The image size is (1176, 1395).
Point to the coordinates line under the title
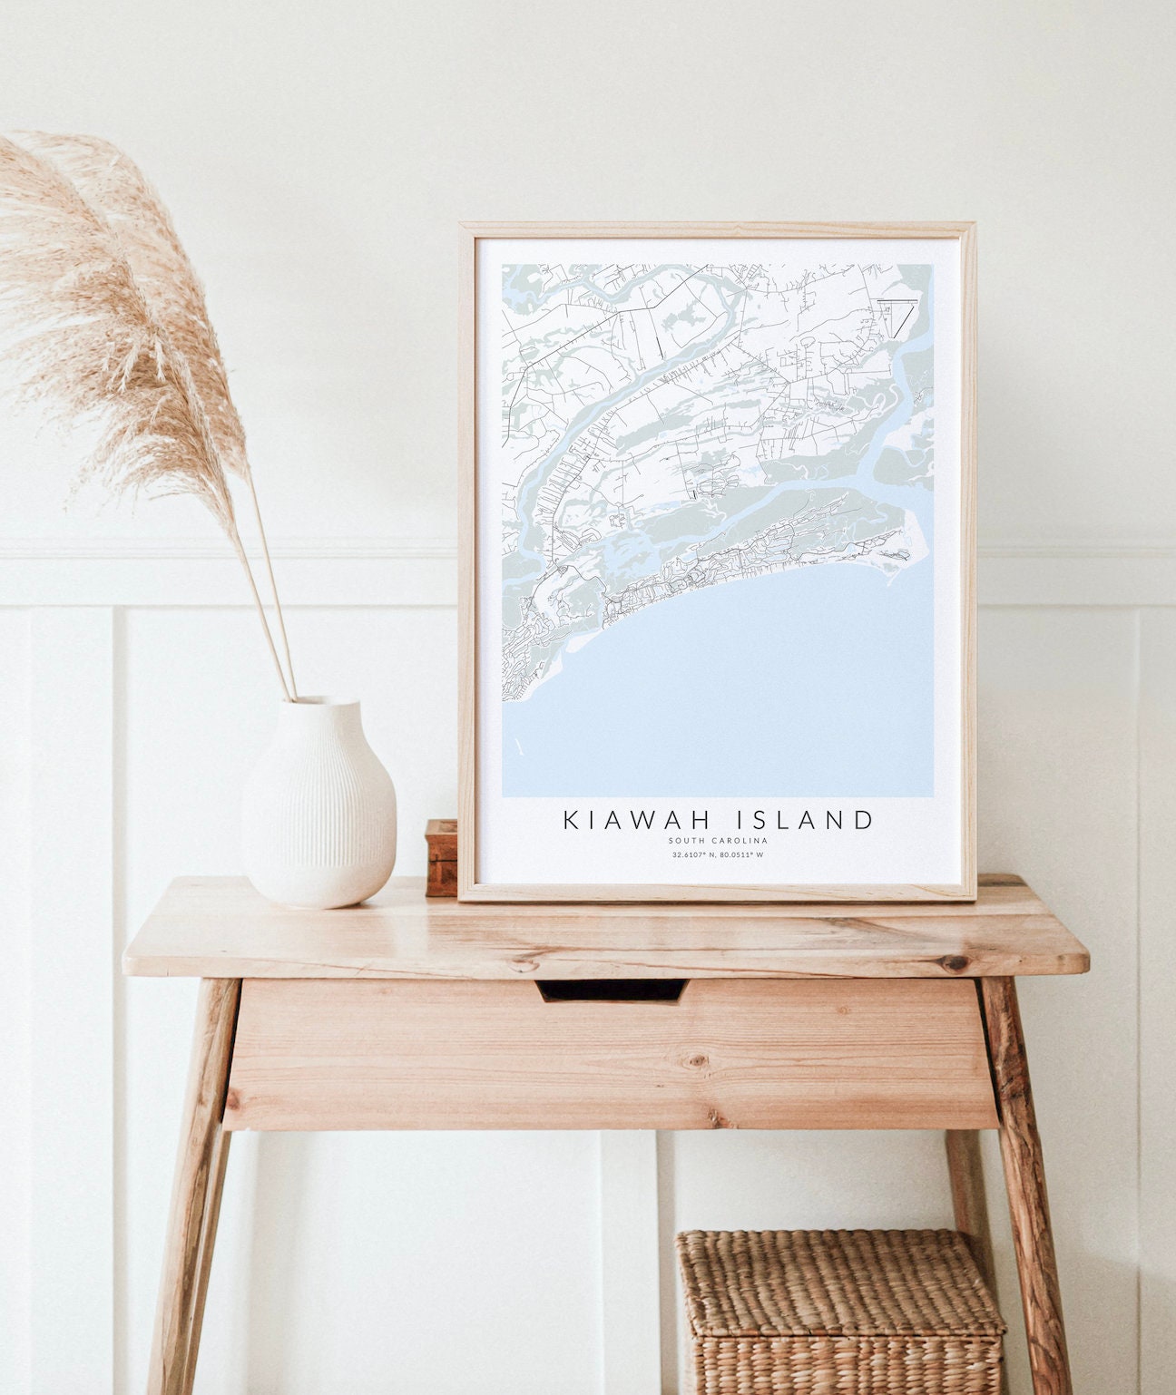click(718, 854)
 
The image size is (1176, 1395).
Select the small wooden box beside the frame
click(442, 856)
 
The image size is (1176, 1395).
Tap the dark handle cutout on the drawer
click(612, 990)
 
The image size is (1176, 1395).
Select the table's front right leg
click(1030, 1179)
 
